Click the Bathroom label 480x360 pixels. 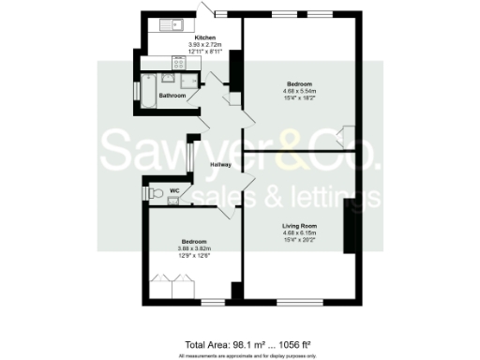(172, 96)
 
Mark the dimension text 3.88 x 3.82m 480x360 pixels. (194, 248)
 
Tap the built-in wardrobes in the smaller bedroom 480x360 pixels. (172, 285)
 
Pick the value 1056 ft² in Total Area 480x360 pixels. (292, 344)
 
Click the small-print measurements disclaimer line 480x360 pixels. (239, 355)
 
